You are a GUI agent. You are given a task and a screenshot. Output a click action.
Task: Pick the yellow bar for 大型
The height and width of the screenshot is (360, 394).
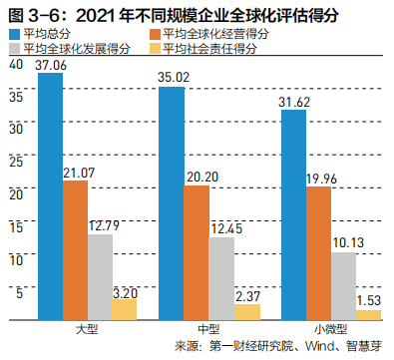coord(124,310)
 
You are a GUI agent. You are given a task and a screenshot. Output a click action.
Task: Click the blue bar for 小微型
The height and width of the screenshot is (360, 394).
coord(293,215)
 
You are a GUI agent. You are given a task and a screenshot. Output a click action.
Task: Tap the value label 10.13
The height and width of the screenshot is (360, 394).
coord(344,241)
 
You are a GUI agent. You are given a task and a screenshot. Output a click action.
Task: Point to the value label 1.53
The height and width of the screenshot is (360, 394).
coord(367,298)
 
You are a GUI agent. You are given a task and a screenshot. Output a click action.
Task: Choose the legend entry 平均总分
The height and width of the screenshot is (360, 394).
coord(45,33)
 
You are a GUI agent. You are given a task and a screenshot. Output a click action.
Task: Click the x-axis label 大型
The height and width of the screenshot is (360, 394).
coord(86,329)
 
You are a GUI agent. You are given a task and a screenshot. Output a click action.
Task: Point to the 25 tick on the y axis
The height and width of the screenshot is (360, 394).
coord(14,162)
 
